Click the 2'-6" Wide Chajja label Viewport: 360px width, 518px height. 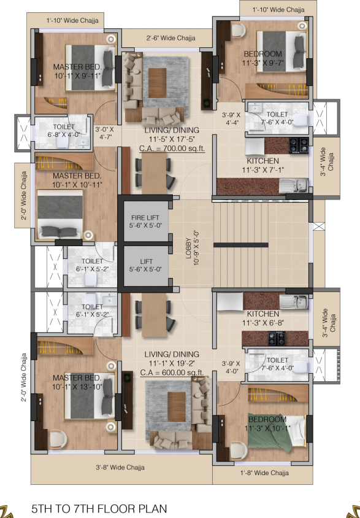tap(170, 38)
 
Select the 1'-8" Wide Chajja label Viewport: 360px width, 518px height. tap(262, 473)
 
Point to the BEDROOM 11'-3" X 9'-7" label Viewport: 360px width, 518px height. tap(262, 58)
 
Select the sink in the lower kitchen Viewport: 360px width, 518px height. tap(292, 302)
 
